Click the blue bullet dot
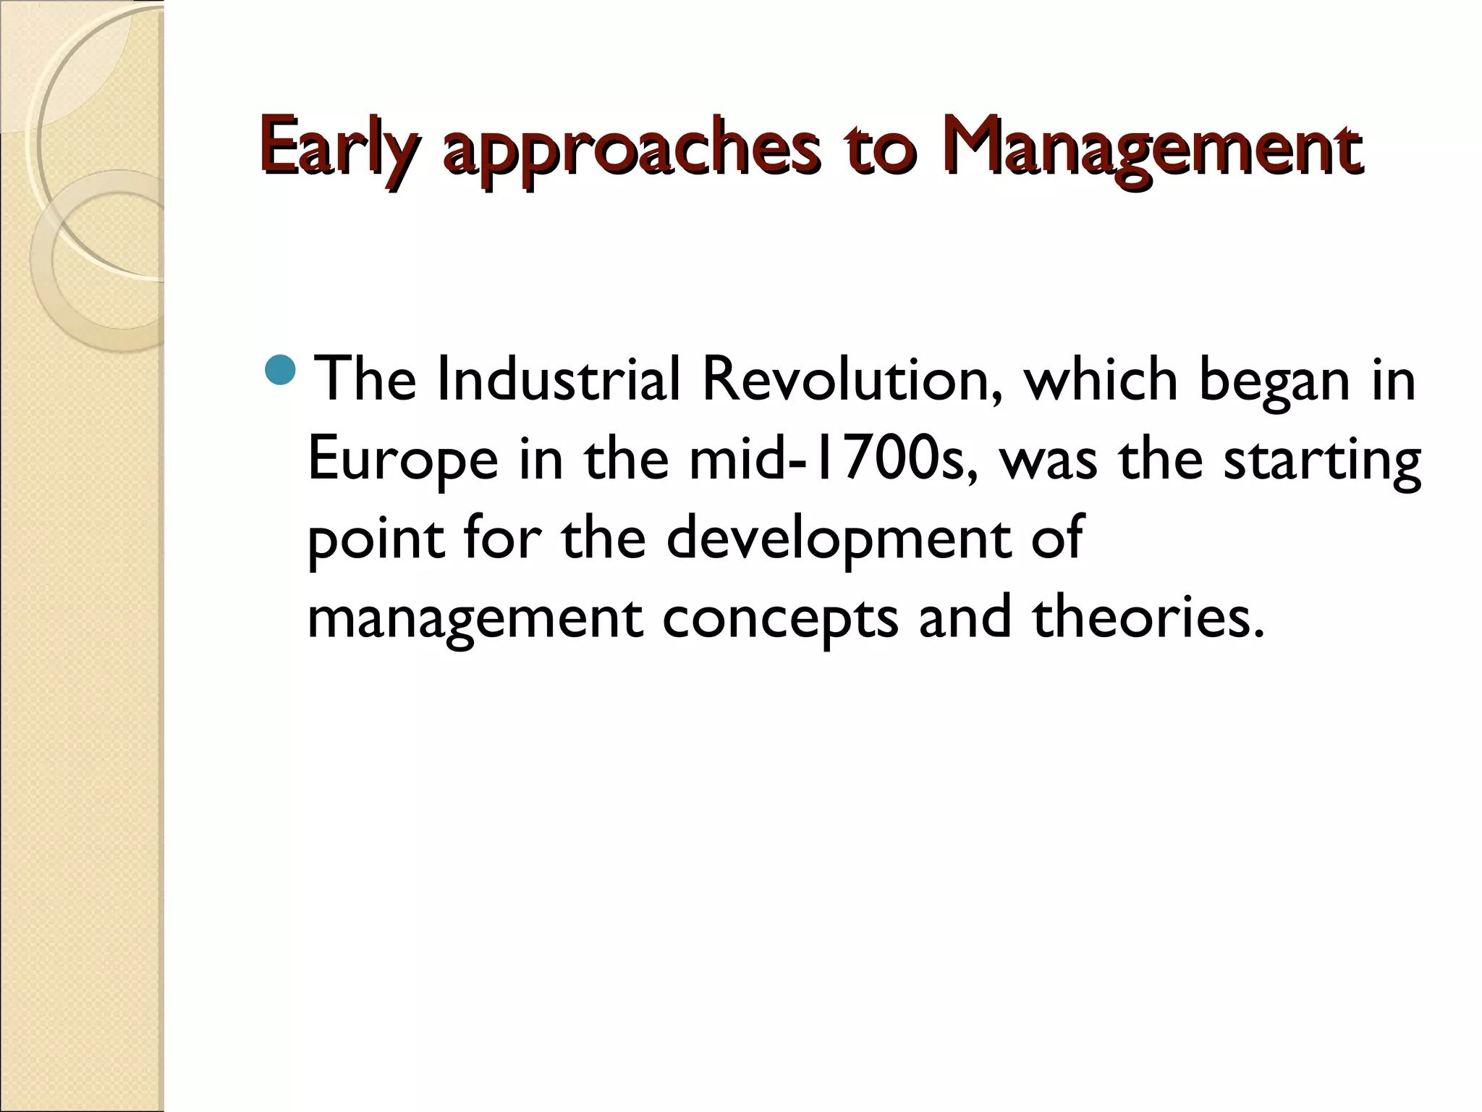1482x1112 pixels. click(x=281, y=369)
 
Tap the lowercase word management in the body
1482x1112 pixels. click(x=475, y=620)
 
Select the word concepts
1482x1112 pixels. click(x=780, y=620)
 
